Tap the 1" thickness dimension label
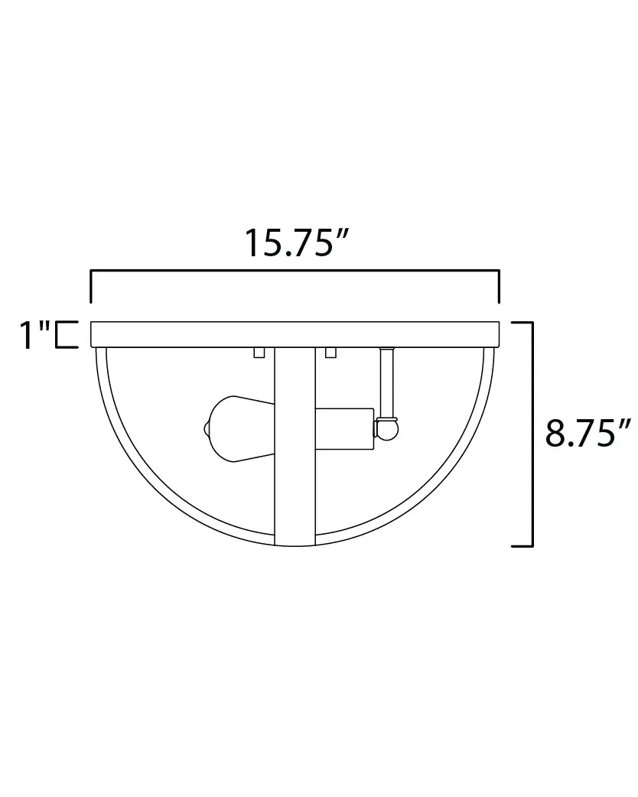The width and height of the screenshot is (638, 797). pyautogui.click(x=34, y=335)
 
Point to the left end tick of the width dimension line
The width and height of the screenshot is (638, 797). pyautogui.click(x=92, y=287)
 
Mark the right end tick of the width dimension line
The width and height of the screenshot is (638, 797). pyautogui.click(x=499, y=287)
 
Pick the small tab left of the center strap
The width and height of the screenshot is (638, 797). pyautogui.click(x=259, y=353)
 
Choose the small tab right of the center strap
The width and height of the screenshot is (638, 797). pyautogui.click(x=330, y=353)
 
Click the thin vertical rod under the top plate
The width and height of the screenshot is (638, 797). pyautogui.click(x=386, y=382)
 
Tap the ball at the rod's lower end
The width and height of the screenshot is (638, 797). pyautogui.click(x=388, y=428)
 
